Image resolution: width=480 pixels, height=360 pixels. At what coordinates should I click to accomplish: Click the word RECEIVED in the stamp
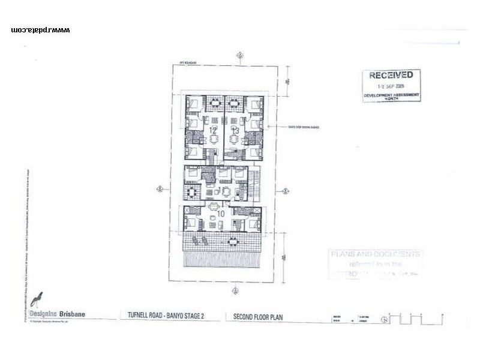[391, 76]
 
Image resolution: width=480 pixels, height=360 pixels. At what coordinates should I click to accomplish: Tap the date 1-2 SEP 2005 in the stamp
[391, 86]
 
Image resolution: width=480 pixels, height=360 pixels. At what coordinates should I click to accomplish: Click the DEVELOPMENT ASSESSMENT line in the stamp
[391, 95]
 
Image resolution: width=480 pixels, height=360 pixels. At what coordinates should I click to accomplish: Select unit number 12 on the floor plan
[213, 129]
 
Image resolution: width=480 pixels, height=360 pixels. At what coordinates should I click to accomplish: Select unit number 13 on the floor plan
[235, 130]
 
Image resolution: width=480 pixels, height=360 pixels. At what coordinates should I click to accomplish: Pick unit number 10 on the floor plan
[221, 213]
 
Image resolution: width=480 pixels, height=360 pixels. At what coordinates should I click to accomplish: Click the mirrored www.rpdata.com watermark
[40, 30]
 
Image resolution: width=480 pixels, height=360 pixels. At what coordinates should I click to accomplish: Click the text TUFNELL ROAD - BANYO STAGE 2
[162, 316]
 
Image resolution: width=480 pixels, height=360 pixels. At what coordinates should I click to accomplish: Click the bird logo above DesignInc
[37, 299]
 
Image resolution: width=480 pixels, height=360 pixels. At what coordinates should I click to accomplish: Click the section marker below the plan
[235, 291]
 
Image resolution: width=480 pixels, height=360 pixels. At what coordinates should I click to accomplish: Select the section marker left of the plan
[160, 189]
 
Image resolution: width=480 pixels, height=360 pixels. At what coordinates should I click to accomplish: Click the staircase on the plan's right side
[256, 183]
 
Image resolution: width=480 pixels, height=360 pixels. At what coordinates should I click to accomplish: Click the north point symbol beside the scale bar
[384, 319]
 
